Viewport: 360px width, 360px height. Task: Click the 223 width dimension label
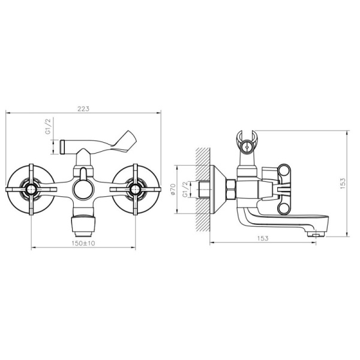(x=83, y=109)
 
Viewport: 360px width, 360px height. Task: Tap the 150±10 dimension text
(x=83, y=243)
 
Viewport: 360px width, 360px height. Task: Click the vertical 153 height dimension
(x=343, y=184)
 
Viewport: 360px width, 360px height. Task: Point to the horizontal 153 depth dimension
(x=263, y=238)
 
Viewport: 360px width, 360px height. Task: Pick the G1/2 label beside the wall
(x=185, y=190)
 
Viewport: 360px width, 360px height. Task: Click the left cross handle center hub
(x=31, y=190)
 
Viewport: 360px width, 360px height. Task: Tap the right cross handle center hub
(x=135, y=190)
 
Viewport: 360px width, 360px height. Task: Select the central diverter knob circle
(x=83, y=190)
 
